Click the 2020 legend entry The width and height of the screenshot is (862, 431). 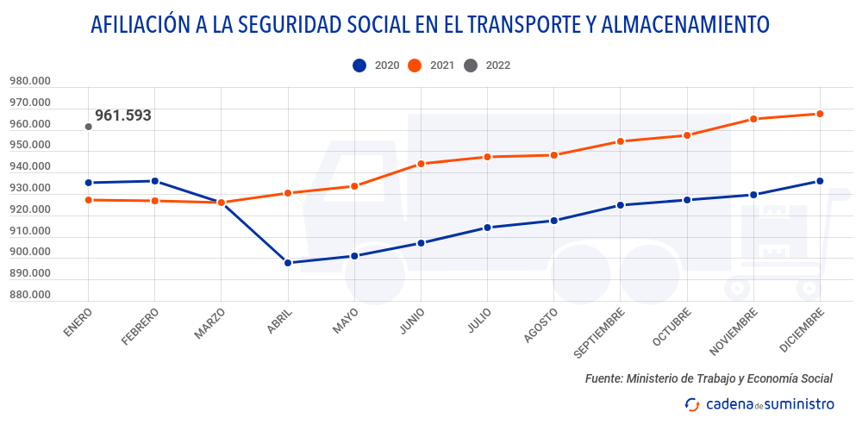[x=376, y=65]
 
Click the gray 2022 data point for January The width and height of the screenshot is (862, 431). [x=88, y=127]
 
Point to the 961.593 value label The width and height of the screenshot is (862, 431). [x=123, y=116]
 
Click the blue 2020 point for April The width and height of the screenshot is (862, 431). [x=288, y=263]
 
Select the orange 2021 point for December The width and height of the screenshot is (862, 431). [x=821, y=114]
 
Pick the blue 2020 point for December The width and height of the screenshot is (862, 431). [x=821, y=181]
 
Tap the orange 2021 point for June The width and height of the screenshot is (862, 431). [x=421, y=164]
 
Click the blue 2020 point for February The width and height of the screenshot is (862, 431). [x=154, y=181]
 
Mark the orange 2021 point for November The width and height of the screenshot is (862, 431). [x=754, y=119]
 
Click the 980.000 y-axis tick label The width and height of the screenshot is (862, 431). [x=30, y=82]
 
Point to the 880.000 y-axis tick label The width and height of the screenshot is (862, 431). [x=30, y=295]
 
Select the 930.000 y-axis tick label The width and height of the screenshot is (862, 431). [x=30, y=189]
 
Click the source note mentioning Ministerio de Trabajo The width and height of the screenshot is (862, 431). [x=709, y=378]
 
